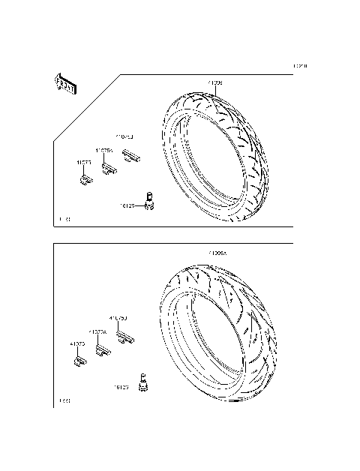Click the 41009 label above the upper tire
tap(214, 81)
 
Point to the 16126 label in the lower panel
tap(121, 388)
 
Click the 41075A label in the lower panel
tap(97, 331)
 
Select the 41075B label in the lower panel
tap(118, 318)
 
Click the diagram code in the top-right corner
tap(300, 66)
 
